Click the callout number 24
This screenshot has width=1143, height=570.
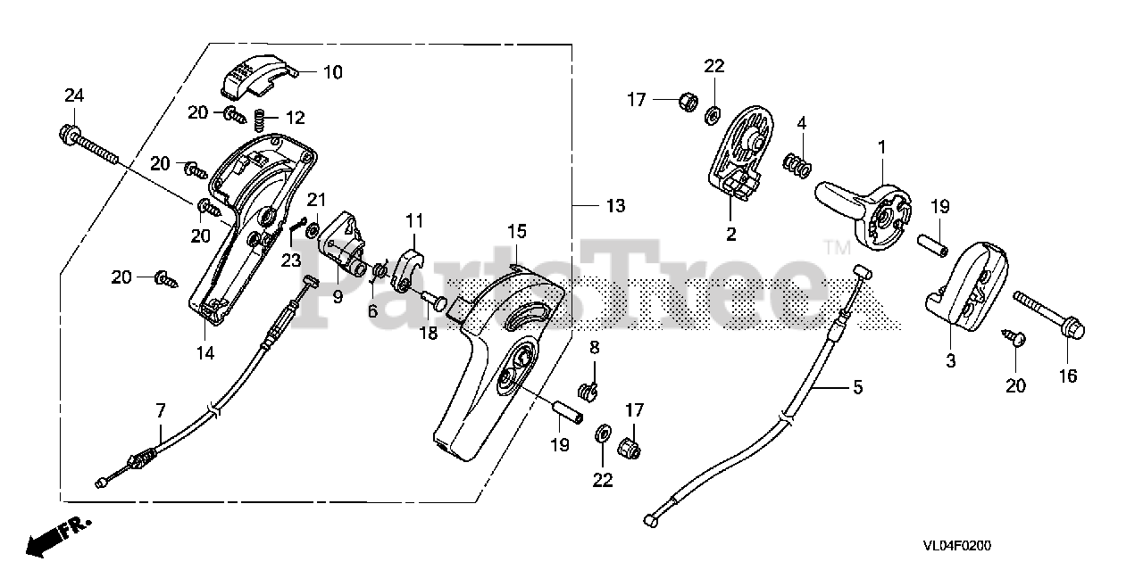click(x=73, y=95)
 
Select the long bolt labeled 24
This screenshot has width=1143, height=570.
click(x=90, y=146)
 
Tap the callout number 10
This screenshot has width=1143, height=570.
click(x=332, y=72)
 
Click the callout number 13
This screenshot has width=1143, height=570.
click(x=616, y=206)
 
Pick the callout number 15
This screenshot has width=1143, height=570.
click(x=518, y=231)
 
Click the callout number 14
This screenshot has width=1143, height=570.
click(x=205, y=352)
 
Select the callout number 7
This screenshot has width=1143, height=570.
click(x=161, y=411)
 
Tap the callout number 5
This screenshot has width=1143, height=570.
click(x=857, y=387)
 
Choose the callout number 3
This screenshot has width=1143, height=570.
click(x=951, y=361)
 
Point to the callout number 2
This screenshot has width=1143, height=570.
click(x=730, y=235)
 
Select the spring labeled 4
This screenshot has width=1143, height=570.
click(x=797, y=164)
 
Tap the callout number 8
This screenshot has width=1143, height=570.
click(x=594, y=346)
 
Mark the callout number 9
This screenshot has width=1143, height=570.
click(x=338, y=297)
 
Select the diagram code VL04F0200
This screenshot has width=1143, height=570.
click(x=958, y=545)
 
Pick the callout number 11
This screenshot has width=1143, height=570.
click(x=413, y=219)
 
